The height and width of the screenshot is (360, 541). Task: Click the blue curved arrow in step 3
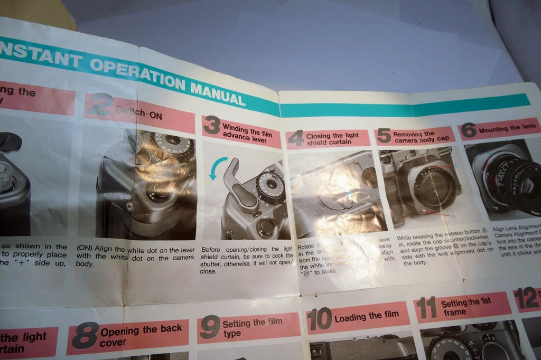[216, 167]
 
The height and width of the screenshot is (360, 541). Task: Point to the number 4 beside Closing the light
[296, 138]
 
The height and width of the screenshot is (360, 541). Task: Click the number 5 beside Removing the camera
[384, 136]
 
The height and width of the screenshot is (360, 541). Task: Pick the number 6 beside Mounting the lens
[468, 130]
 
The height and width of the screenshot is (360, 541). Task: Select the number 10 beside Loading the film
[319, 319]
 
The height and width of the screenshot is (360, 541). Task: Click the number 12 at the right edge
[526, 300]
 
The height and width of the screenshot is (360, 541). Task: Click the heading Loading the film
[367, 315]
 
